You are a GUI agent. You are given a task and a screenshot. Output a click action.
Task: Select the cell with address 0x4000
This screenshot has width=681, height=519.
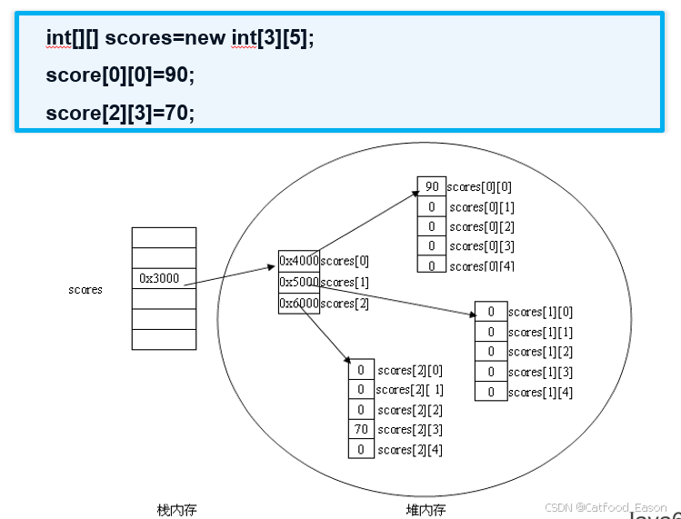pyautogui.click(x=298, y=261)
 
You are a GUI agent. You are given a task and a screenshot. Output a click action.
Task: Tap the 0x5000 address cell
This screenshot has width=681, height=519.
pyautogui.click(x=298, y=282)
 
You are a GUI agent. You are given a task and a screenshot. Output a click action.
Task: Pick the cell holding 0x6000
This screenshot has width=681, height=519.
pyautogui.click(x=298, y=303)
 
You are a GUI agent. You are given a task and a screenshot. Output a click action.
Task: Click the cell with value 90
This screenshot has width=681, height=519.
pyautogui.click(x=431, y=186)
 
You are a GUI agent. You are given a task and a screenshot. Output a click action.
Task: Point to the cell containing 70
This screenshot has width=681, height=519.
pyautogui.click(x=361, y=429)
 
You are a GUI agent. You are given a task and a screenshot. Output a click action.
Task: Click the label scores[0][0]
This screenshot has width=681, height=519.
pyautogui.click(x=479, y=187)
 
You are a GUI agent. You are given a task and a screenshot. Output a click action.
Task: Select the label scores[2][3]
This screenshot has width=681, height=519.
pyautogui.click(x=411, y=430)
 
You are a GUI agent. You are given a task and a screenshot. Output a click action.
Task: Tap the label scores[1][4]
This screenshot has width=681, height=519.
pyautogui.click(x=540, y=393)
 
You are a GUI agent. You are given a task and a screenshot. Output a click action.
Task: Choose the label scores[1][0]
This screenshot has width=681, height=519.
pyautogui.click(x=540, y=312)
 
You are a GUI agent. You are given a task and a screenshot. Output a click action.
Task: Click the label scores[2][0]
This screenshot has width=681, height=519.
pyautogui.click(x=411, y=370)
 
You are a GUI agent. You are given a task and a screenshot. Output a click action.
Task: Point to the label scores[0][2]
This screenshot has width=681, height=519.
pyautogui.click(x=482, y=227)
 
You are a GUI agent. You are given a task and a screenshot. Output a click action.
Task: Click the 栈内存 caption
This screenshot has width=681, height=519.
pyautogui.click(x=177, y=510)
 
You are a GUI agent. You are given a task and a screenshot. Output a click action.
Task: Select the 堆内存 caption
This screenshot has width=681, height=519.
pyautogui.click(x=426, y=510)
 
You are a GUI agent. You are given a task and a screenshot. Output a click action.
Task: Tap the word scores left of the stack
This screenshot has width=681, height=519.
pyautogui.click(x=85, y=290)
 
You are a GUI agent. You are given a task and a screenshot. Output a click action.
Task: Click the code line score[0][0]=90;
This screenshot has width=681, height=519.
pyautogui.click(x=120, y=75)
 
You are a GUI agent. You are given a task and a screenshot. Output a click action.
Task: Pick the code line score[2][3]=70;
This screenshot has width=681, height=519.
pyautogui.click(x=120, y=112)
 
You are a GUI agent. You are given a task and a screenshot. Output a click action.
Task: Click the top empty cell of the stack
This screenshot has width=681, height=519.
pyautogui.click(x=164, y=237)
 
